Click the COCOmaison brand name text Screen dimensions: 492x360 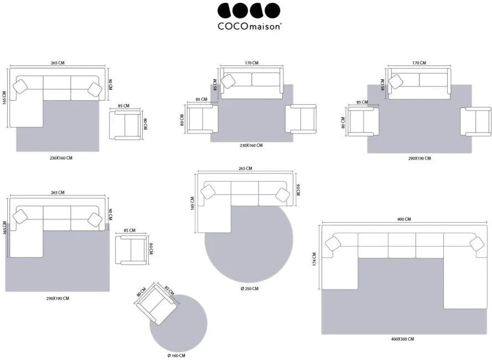[250, 27]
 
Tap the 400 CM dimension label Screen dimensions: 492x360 [404, 219]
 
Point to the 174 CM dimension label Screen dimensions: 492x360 [314, 259]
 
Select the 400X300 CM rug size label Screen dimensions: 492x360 [402, 339]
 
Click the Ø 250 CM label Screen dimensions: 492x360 [250, 289]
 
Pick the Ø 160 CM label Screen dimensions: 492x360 [176, 355]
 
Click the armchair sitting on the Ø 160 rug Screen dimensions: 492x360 [157, 304]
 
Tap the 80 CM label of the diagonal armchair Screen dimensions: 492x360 [141, 292]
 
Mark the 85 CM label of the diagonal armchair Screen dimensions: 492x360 [169, 290]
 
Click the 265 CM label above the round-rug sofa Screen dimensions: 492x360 [245, 168]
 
